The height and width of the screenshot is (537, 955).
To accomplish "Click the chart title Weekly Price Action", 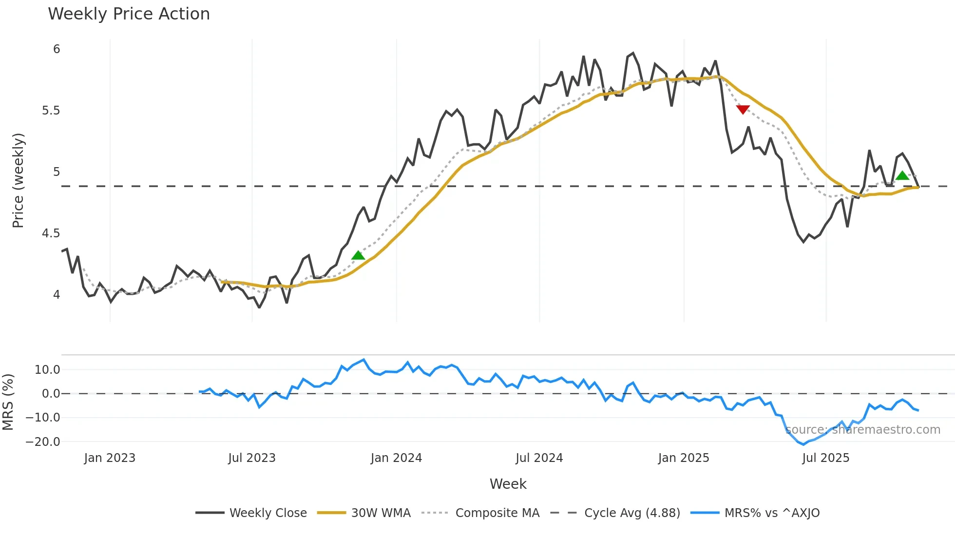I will pyautogui.click(x=129, y=14).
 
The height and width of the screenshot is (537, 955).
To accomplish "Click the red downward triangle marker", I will pyautogui.click(x=743, y=110).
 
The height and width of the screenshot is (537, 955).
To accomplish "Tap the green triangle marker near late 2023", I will pyautogui.click(x=358, y=255).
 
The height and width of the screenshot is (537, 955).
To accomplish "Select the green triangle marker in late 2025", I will pyautogui.click(x=902, y=175).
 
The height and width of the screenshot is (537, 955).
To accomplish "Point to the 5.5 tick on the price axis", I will pyautogui.click(x=51, y=111).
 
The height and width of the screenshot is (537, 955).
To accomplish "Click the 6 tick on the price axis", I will pyautogui.click(x=57, y=49).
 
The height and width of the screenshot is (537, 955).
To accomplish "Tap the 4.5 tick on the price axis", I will pyautogui.click(x=51, y=233).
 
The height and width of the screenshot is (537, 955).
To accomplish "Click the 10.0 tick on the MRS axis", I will pyautogui.click(x=47, y=370).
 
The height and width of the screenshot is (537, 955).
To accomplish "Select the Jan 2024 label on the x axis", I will pyautogui.click(x=396, y=458).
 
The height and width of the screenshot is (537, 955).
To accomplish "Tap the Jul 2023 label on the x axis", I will pyautogui.click(x=252, y=458).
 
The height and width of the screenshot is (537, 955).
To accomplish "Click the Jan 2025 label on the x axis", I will pyautogui.click(x=684, y=458).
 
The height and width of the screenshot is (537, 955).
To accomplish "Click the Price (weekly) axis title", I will pyautogui.click(x=18, y=180).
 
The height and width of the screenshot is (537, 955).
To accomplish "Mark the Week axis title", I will pyautogui.click(x=508, y=484).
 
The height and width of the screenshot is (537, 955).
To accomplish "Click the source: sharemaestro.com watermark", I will pyautogui.click(x=863, y=430).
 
